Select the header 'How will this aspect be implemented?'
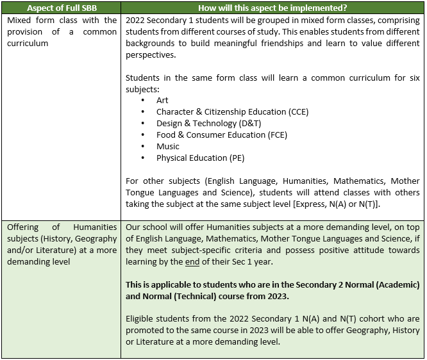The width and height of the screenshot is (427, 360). point(272,7)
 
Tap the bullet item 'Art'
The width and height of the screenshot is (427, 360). point(162,101)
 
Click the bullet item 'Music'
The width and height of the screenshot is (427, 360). point(168,147)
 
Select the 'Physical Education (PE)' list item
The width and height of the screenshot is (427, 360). point(200,158)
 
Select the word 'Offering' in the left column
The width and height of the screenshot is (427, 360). point(24,227)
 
